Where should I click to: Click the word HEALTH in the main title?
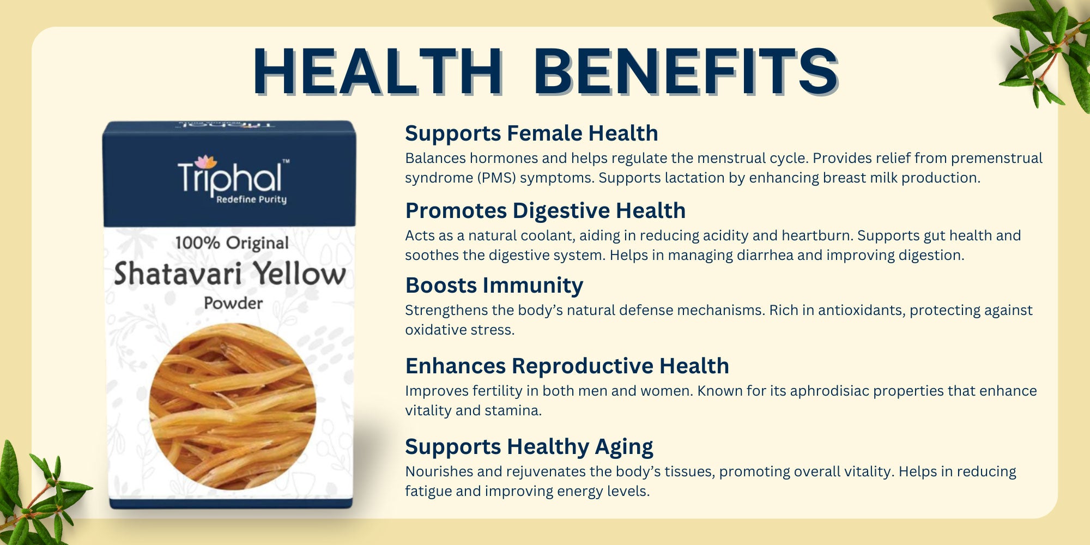pyautogui.click(x=377, y=72)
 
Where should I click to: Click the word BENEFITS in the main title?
pyautogui.click(x=686, y=72)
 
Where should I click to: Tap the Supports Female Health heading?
pyautogui.click(x=531, y=133)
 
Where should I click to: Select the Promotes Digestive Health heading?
pyautogui.click(x=545, y=211)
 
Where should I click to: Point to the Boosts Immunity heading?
pyautogui.click(x=494, y=286)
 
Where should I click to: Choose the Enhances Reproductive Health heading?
pyautogui.click(x=567, y=366)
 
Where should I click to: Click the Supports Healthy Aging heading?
pyautogui.click(x=529, y=447)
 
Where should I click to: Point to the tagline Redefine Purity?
pyautogui.click(x=251, y=199)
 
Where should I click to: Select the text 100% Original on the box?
pyautogui.click(x=232, y=243)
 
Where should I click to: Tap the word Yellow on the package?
pyautogui.click(x=300, y=274)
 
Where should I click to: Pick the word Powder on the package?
pyautogui.click(x=233, y=304)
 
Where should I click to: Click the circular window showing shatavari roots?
pyautogui.click(x=233, y=406)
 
